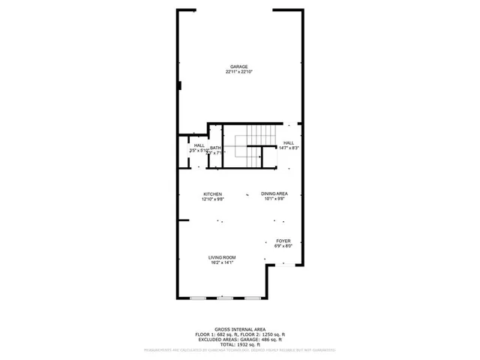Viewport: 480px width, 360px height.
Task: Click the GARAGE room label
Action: pyautogui.click(x=239, y=66)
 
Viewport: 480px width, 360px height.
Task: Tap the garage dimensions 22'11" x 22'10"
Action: pyautogui.click(x=239, y=72)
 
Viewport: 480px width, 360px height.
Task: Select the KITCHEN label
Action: pyautogui.click(x=212, y=194)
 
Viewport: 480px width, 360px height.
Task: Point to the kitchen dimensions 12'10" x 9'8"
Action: pyautogui.click(x=212, y=199)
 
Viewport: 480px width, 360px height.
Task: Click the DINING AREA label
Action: pyautogui.click(x=274, y=194)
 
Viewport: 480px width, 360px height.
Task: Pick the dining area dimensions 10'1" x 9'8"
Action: pyautogui.click(x=274, y=199)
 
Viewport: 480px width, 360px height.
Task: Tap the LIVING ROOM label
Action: pyautogui.click(x=222, y=257)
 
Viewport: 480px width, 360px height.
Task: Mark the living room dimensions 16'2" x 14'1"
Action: pyautogui.click(x=222, y=262)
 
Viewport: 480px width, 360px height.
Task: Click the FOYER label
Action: pyautogui.click(x=283, y=241)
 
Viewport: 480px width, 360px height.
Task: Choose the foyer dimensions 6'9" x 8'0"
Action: pyautogui.click(x=283, y=246)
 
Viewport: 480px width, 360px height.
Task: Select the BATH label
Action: pyautogui.click(x=215, y=148)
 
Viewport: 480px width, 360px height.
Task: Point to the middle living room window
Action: pyautogui.click(x=222, y=298)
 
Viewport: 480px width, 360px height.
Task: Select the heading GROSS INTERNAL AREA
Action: pyautogui.click(x=239, y=328)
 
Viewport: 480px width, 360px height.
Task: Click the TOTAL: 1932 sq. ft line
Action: pyautogui.click(x=239, y=343)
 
